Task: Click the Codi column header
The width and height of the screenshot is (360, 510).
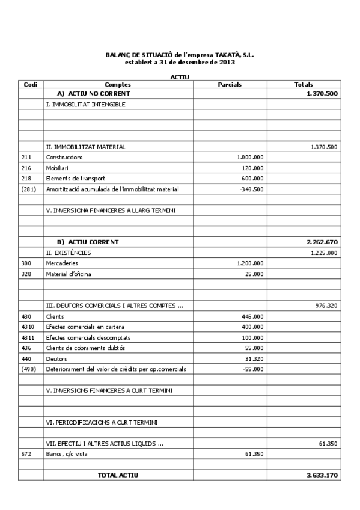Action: point(30,85)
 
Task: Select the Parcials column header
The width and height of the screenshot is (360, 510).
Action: point(229,85)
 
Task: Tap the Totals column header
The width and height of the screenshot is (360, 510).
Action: point(303,85)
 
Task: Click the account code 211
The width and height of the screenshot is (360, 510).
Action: point(25,158)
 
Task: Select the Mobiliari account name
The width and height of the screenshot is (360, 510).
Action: point(57,168)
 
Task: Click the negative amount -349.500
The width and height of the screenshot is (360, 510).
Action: point(251,189)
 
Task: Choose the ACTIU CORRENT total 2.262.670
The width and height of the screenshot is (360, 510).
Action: point(322,242)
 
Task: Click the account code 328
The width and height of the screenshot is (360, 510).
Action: point(25,274)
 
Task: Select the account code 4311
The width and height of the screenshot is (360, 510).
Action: point(27,337)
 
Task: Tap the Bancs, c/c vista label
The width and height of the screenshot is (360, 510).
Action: point(67,454)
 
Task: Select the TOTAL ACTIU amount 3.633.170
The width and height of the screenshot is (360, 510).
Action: point(322,475)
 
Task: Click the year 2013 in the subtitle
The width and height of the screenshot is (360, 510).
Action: point(227,61)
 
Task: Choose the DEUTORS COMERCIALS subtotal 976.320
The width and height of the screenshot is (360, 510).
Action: point(326,306)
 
